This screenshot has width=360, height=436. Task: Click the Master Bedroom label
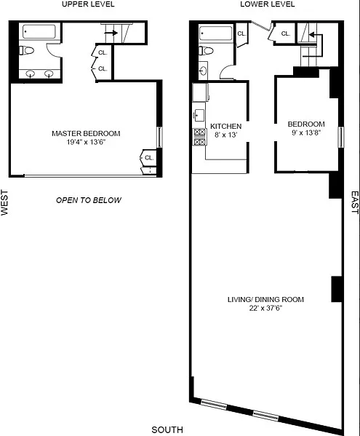click(86, 133)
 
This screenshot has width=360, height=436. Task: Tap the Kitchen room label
click(226, 126)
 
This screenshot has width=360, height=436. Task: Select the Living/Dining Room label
click(265, 299)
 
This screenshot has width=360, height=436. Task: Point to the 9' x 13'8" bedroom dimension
click(306, 132)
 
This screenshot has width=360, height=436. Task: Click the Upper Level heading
click(88, 4)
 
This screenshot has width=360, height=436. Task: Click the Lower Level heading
click(267, 4)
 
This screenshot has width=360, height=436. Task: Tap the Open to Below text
click(89, 200)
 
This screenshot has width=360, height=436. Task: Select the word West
click(4, 202)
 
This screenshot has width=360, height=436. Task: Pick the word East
click(355, 202)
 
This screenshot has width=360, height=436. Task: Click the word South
click(167, 430)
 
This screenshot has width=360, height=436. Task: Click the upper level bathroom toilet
click(27, 51)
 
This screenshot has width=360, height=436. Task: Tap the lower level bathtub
click(216, 33)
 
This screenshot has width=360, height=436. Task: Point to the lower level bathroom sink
click(203, 71)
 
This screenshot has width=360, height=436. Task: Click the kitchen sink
click(199, 115)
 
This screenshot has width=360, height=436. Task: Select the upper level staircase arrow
click(111, 33)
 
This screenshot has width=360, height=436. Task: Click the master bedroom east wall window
click(159, 137)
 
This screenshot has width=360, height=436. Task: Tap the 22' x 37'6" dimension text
click(265, 308)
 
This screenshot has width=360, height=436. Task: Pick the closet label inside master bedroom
click(149, 158)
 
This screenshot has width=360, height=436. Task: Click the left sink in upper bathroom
click(30, 74)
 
